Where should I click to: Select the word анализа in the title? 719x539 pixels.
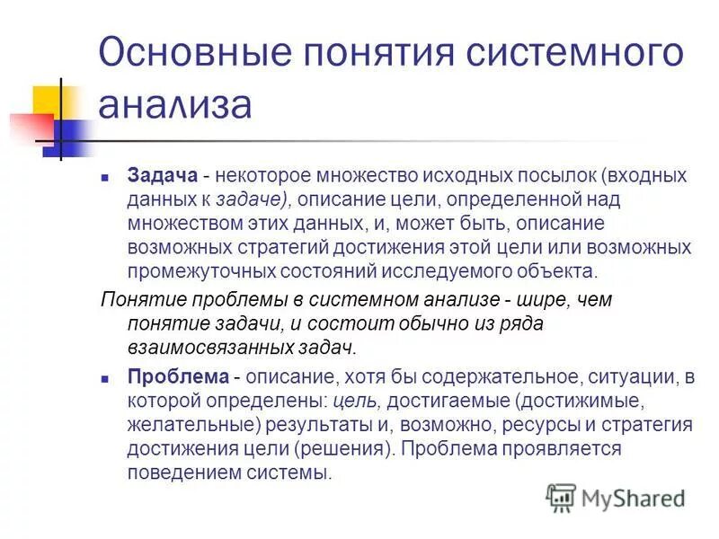click(175, 103)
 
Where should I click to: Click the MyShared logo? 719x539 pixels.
click(617, 497)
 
